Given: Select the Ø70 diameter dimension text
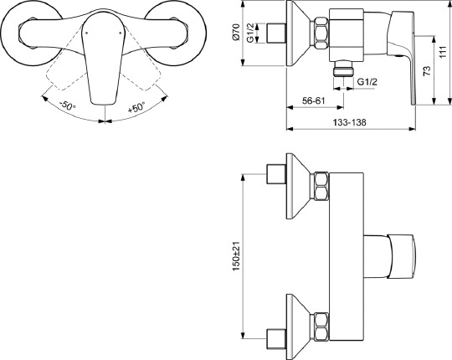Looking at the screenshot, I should (x=236, y=34).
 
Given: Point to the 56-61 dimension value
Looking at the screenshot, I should (x=315, y=100).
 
